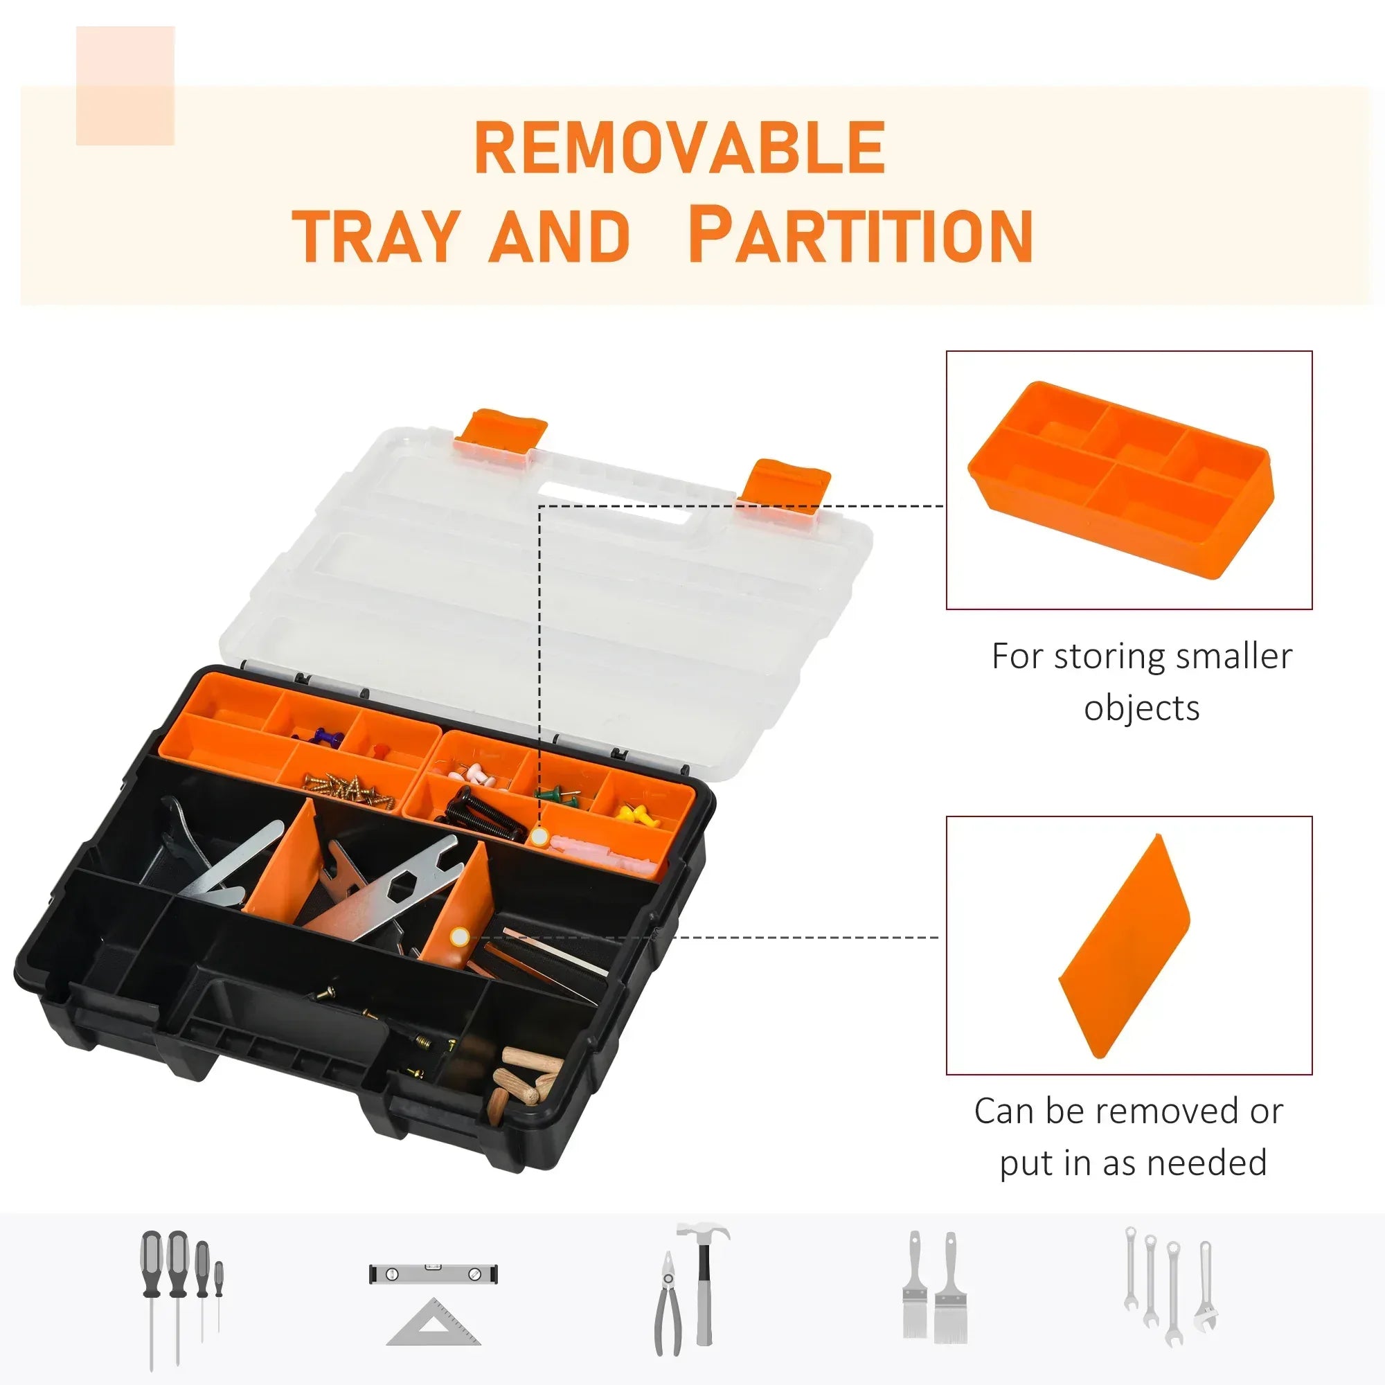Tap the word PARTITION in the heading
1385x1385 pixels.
point(860,235)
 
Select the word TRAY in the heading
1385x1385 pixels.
point(375,237)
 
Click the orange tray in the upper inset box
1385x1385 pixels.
point(1120,480)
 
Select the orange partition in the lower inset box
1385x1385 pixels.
point(1125,945)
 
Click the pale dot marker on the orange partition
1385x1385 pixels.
point(460,936)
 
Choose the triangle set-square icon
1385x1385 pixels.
point(433,1321)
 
